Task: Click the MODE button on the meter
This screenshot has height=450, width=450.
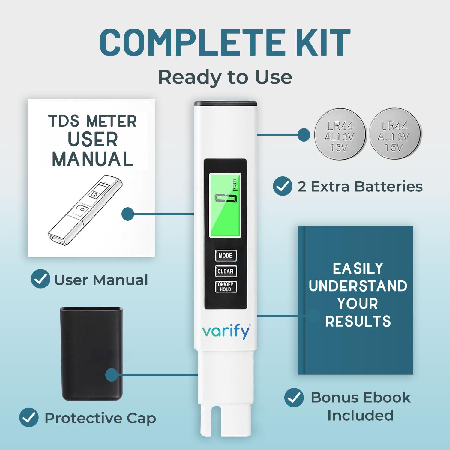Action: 226,256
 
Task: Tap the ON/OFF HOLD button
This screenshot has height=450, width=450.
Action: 226,287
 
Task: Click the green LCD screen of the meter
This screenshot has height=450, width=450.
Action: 225,205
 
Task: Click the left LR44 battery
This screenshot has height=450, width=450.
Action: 340,134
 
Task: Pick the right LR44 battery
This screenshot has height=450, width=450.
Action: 395,133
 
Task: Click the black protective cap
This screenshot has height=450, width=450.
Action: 91,353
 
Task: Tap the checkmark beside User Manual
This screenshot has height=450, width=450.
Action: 40,279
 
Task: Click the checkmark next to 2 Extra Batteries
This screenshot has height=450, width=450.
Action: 283,186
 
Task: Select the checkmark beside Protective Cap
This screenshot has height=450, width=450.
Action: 29,417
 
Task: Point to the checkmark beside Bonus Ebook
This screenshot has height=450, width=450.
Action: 294,397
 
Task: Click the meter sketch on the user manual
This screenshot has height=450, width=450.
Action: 85,210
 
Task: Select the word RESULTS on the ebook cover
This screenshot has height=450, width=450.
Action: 358,321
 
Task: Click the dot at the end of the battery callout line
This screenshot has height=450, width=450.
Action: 304,135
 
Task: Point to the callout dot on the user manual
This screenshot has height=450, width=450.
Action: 128,214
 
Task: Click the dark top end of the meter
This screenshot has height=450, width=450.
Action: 226,104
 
